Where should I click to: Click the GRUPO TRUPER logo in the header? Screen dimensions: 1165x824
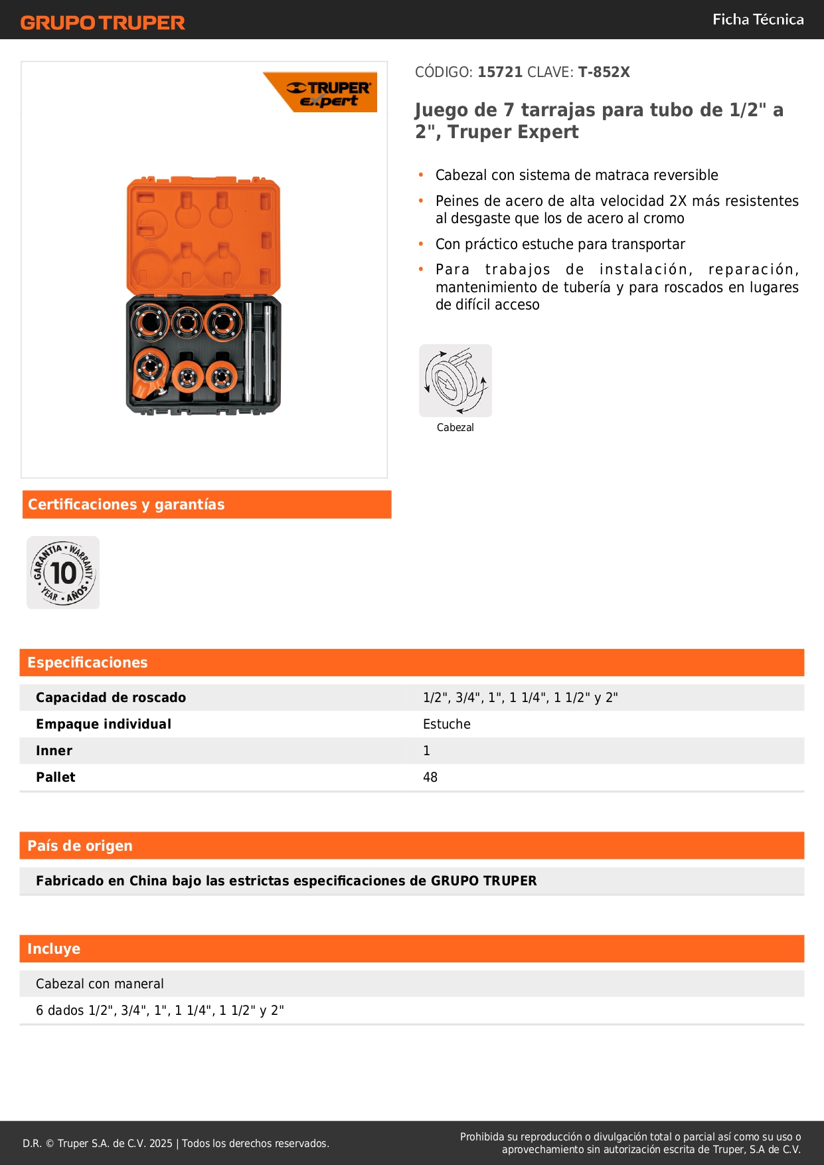point(102,23)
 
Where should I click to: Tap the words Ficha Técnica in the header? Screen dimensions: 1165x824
point(758,19)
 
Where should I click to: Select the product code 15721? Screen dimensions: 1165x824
point(500,72)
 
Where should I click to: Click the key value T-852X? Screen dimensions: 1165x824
point(604,72)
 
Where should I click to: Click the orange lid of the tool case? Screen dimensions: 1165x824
point(203,236)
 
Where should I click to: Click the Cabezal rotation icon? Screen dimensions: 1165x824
point(455,381)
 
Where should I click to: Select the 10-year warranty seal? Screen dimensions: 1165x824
point(63,573)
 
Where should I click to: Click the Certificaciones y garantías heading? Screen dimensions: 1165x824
point(126,505)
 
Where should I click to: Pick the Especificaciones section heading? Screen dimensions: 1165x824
point(87,662)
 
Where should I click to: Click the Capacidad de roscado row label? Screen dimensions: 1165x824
point(111,697)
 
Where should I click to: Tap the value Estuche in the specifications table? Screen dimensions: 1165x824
point(447,724)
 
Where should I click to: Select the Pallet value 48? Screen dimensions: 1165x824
point(430,777)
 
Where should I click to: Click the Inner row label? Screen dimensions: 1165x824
point(54,751)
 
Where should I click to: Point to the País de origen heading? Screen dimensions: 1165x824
point(80,846)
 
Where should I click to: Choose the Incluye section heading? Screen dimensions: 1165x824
point(54,948)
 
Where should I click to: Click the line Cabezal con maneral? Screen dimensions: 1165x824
point(100,984)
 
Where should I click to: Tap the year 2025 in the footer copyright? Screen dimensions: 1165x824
point(161,1143)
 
